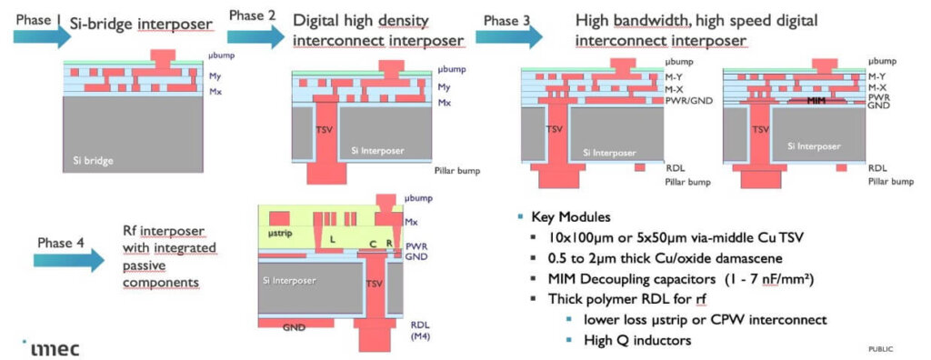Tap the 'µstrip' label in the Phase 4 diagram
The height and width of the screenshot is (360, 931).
tap(278, 234)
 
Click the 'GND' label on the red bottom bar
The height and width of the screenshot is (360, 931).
tap(294, 325)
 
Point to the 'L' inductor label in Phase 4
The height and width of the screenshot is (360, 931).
tap(334, 236)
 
